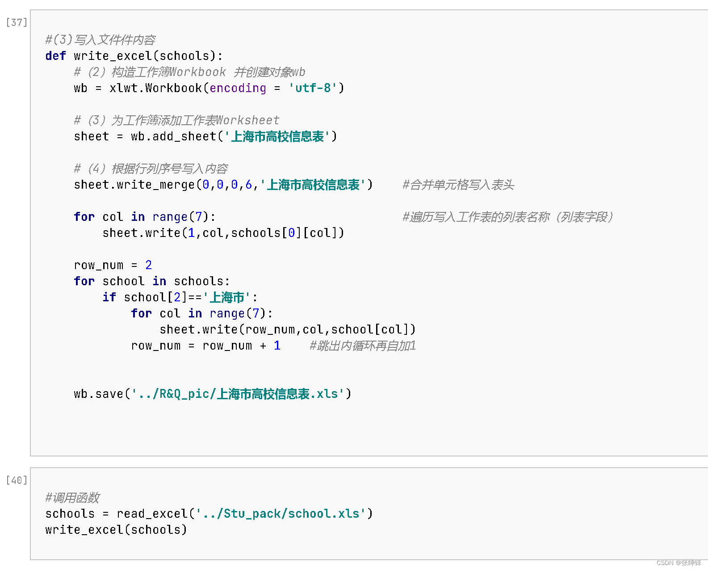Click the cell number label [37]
[17, 22]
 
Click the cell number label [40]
[17, 480]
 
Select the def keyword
[55, 56]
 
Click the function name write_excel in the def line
[113, 56]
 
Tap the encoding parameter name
[238, 88]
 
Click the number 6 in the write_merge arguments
[249, 185]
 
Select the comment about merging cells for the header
[458, 185]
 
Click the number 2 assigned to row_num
[148, 265]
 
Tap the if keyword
[109, 297]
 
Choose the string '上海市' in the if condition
[227, 297]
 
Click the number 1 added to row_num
[277, 346]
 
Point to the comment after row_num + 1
[363, 346]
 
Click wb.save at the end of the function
[98, 394]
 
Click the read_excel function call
[152, 514]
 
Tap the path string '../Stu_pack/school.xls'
[281, 514]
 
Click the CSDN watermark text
[679, 563]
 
